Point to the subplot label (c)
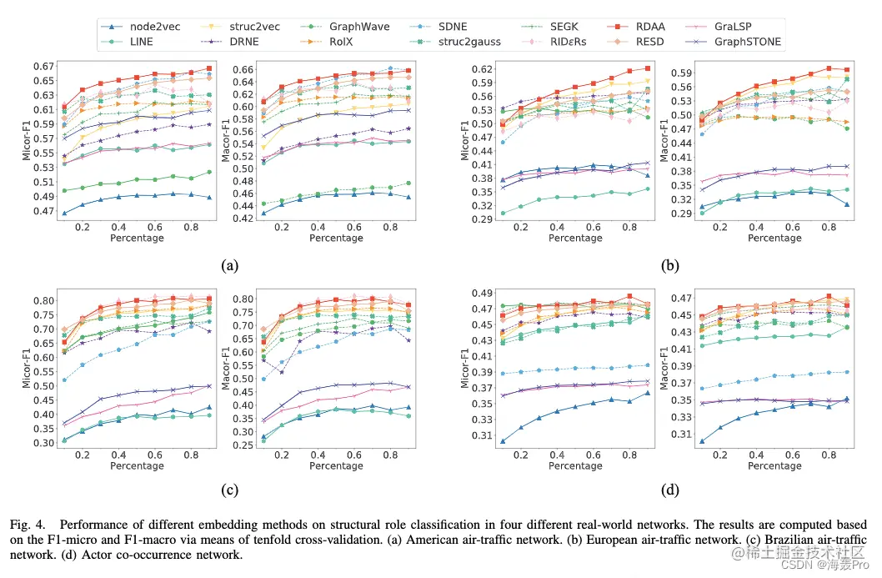(229, 490)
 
